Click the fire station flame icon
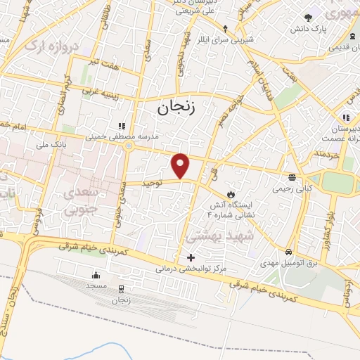tap(230, 194)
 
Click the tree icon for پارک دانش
tap(307, 17)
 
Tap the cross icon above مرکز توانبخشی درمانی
tap(191, 257)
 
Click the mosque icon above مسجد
tap(96, 275)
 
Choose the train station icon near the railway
tap(122, 288)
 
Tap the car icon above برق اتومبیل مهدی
tap(289, 252)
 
